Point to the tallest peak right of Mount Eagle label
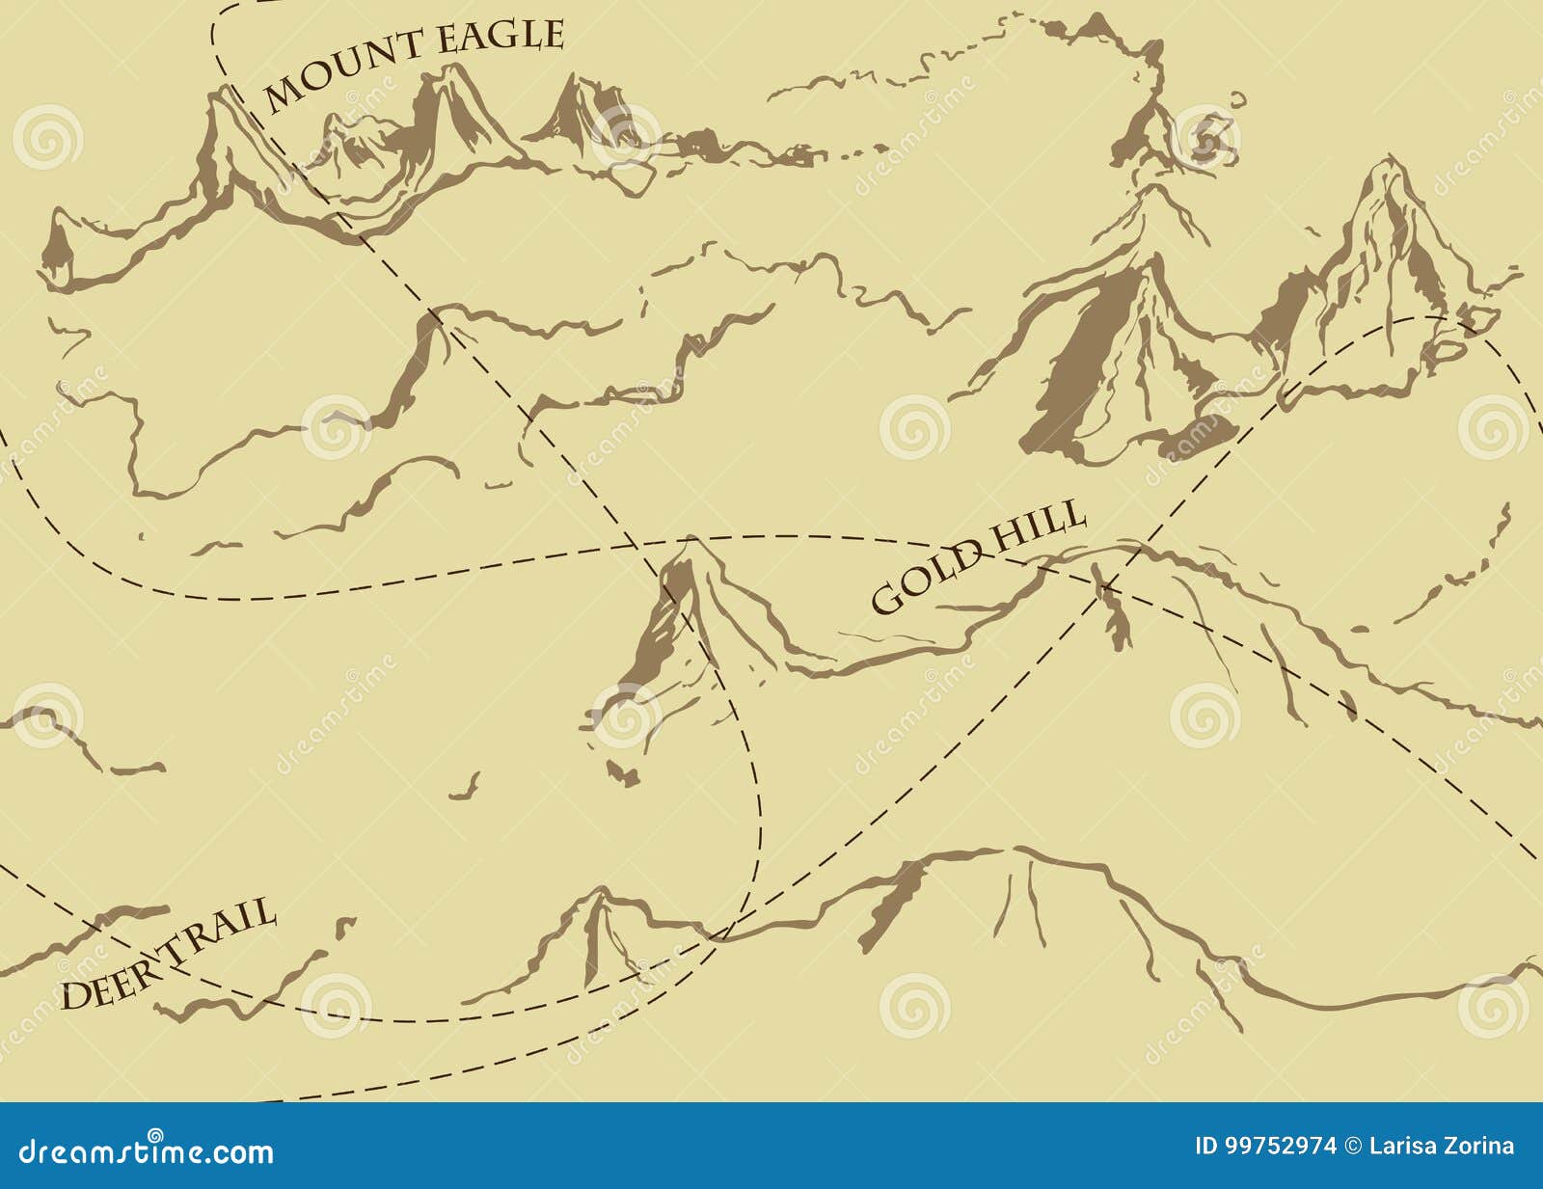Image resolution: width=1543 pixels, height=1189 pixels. [x=453, y=96]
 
